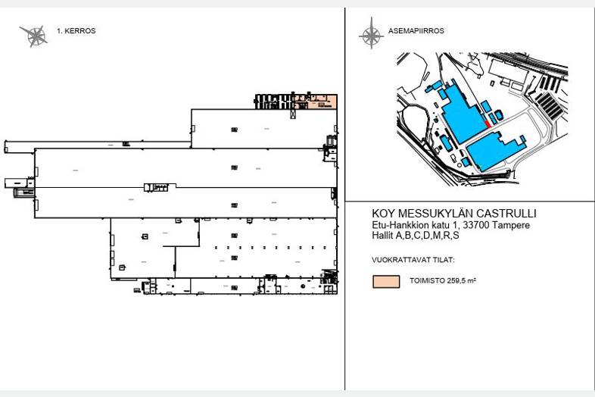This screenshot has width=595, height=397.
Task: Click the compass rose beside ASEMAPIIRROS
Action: click(x=370, y=33)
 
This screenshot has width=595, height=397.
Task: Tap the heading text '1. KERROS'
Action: click(x=76, y=31)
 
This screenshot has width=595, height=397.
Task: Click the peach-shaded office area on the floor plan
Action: click(x=322, y=102)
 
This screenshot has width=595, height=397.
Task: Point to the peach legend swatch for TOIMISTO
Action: click(x=385, y=281)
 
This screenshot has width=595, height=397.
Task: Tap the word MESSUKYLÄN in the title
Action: click(x=431, y=214)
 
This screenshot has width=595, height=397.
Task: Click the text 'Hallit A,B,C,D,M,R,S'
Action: click(x=416, y=236)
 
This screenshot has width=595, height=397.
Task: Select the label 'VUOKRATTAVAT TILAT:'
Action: click(x=413, y=260)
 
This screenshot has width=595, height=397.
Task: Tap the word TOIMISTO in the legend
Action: click(x=426, y=281)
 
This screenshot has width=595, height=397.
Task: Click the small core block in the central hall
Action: click(x=159, y=186)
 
